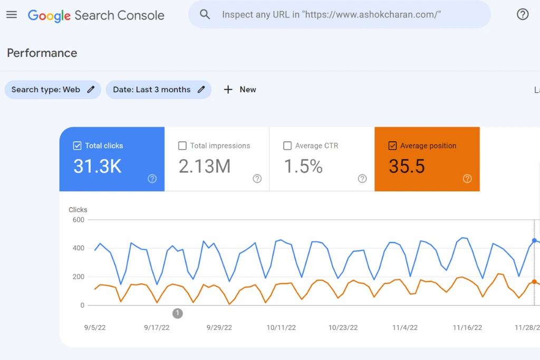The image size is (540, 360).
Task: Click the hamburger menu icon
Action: point(12,14)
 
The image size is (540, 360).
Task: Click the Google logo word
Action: point(49,15)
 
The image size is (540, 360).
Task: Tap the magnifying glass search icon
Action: point(205,14)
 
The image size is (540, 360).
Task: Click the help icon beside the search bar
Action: point(523,14)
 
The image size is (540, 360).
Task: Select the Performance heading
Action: point(42,53)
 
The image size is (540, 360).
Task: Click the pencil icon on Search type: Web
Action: point(91,90)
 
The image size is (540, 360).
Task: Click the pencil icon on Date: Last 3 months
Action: point(201,90)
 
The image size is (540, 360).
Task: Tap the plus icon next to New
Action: point(228,90)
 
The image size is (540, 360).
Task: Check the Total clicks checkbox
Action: point(77,145)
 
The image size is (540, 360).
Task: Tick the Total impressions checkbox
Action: point(182,145)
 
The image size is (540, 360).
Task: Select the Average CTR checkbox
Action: point(287,145)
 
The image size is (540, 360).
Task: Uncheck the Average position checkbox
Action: point(392,145)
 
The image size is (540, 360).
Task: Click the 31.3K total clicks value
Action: point(98,166)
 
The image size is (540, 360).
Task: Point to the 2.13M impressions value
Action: point(205,166)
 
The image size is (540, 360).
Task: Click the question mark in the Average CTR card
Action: point(362,179)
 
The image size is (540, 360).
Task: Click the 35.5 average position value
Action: point(407,166)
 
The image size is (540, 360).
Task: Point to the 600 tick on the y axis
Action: point(79,220)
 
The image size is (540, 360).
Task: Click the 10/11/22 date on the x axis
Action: point(281,328)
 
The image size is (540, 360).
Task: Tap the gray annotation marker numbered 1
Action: point(177,313)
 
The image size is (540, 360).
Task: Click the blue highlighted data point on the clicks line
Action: point(534,240)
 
